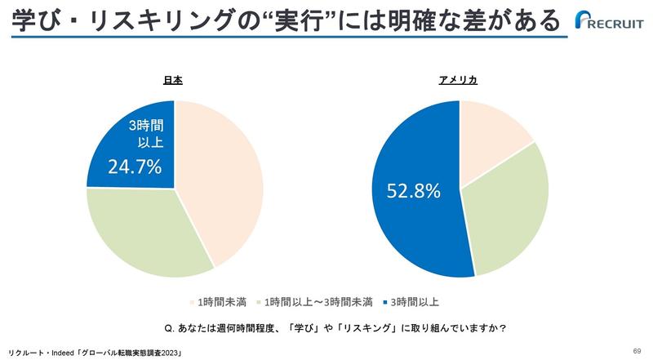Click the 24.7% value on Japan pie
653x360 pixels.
[135, 167]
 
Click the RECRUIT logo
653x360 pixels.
[611, 20]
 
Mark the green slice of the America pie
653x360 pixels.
[510, 212]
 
